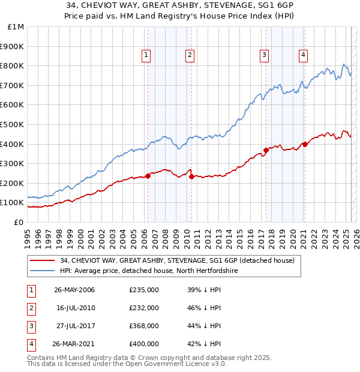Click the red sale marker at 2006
click(148, 176)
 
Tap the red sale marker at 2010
click(191, 176)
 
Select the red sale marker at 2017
click(266, 150)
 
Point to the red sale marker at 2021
click(305, 144)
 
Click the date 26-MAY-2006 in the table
click(74, 290)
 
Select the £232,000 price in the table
click(144, 308)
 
